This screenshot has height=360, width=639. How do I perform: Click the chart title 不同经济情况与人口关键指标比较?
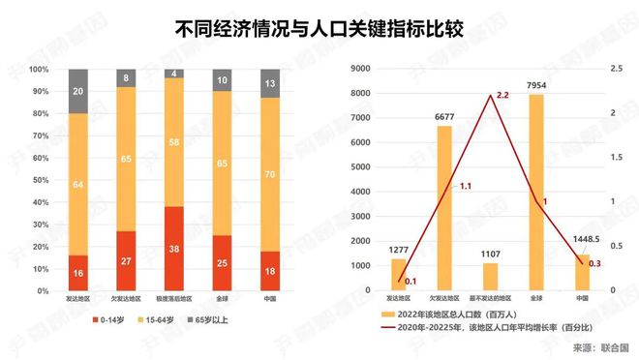[x=319, y=29]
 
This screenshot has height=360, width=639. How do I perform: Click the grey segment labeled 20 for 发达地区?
[x=79, y=92]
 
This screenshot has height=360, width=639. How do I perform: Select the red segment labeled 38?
[x=174, y=248]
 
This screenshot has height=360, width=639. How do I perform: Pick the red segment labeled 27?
[x=127, y=260]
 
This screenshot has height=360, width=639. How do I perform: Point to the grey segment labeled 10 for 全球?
[x=222, y=81]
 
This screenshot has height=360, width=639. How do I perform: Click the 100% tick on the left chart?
[x=40, y=70]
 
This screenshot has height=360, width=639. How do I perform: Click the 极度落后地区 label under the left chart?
[x=174, y=299]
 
